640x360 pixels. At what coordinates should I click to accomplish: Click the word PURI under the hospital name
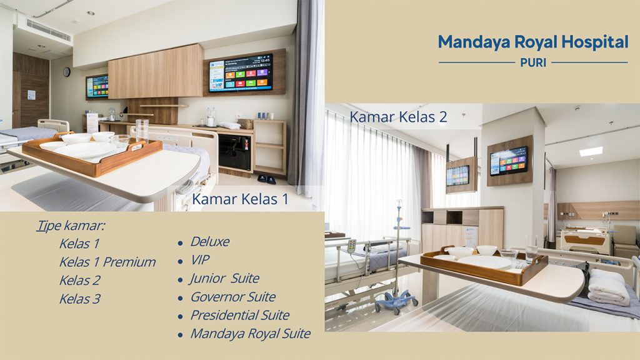point(533,62)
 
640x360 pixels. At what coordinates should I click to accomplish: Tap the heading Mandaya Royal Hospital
point(533,42)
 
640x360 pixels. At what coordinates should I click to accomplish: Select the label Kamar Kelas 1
point(240,199)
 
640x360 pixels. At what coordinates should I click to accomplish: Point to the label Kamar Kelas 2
point(398,117)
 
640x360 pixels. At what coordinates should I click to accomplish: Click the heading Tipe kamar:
point(71,225)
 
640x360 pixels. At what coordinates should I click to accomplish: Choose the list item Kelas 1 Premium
point(107,262)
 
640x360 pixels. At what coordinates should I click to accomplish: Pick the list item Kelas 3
point(80,299)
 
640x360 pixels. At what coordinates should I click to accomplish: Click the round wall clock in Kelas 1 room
point(67,72)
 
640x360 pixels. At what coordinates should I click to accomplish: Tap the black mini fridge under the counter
point(235,152)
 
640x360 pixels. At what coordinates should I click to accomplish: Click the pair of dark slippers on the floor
point(266,179)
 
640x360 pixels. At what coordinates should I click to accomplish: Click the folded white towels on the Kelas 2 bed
point(607,287)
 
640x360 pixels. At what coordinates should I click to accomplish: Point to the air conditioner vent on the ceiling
point(49,30)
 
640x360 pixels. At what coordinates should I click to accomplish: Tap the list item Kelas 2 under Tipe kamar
point(80,281)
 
